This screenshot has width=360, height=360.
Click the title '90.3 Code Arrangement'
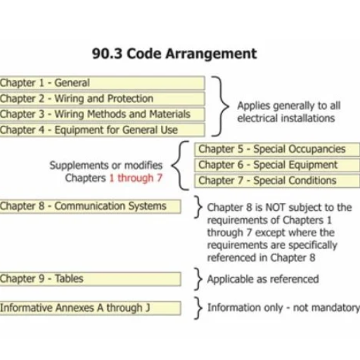click(174, 54)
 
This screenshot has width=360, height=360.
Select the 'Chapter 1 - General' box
click(102, 83)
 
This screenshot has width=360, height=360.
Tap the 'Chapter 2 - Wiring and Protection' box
click(102, 98)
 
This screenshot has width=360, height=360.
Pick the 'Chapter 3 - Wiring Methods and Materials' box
click(102, 115)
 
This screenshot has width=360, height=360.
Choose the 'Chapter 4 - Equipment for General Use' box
click(102, 130)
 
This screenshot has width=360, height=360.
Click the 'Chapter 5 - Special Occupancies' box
click(277, 149)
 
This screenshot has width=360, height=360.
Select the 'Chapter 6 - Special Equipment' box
click(277, 165)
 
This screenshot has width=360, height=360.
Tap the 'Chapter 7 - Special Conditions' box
click(277, 181)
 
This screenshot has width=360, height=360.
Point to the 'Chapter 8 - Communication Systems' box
click(91, 207)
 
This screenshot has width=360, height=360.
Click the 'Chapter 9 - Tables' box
click(91, 279)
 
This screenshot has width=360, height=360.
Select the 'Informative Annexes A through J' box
click(91, 308)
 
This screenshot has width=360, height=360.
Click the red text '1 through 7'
click(136, 178)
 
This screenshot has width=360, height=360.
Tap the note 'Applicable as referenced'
click(263, 279)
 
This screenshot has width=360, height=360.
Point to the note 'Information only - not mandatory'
click(283, 308)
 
